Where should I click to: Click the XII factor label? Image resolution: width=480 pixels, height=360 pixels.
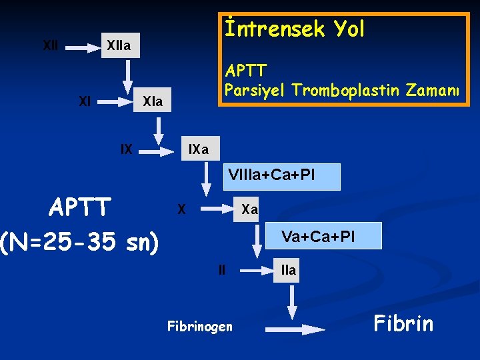50,46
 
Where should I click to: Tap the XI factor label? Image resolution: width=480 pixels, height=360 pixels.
85,101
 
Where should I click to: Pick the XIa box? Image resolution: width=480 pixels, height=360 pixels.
152,102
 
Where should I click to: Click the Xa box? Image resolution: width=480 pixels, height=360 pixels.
249,209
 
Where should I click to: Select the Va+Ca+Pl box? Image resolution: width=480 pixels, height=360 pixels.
318,236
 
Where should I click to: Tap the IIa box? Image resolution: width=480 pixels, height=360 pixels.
288,270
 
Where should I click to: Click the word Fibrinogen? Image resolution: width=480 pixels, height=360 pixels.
199,326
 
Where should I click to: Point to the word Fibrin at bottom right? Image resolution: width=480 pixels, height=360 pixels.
403,324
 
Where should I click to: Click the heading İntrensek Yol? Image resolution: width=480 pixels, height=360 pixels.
294,29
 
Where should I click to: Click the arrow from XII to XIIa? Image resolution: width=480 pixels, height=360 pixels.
84,47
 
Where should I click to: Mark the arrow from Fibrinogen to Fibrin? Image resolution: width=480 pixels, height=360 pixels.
294,328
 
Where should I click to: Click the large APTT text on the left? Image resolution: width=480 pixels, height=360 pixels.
80,208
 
